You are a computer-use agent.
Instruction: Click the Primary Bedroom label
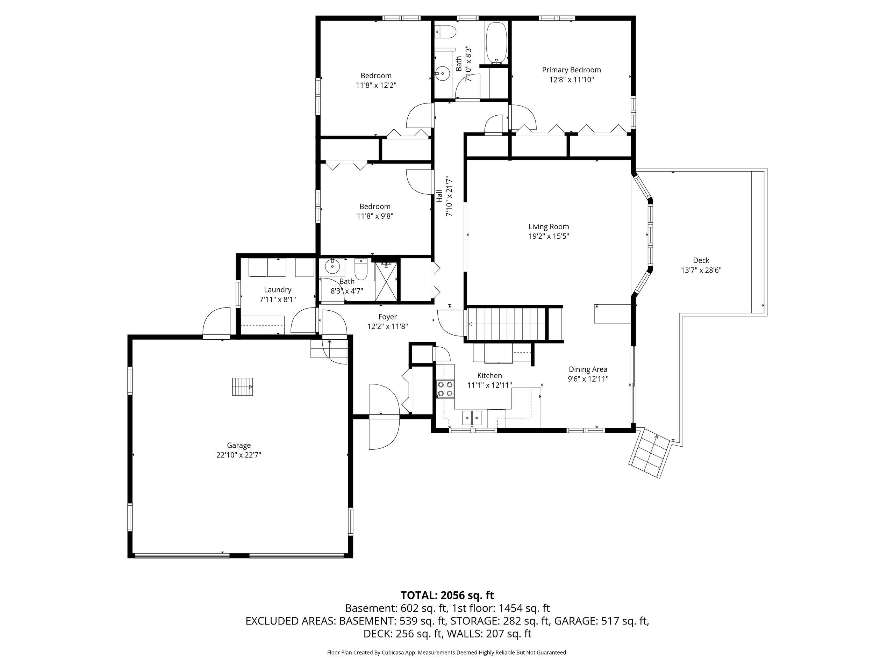571,70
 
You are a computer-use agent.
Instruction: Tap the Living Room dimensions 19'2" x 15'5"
549,237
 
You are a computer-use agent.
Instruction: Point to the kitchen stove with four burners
445,389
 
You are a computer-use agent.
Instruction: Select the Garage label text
239,445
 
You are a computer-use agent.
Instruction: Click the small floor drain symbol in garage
242,387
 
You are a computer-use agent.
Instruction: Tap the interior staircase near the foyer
508,324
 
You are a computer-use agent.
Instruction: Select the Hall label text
439,196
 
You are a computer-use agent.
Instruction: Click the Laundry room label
278,290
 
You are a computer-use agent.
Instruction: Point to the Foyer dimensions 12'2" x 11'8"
387,326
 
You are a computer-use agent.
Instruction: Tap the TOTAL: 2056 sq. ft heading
447,596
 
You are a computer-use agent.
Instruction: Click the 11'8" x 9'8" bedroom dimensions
375,216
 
